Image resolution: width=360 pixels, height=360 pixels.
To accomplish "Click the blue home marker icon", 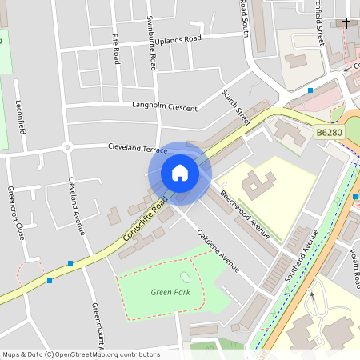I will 179,173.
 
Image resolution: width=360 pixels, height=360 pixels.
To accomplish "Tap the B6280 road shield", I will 328,132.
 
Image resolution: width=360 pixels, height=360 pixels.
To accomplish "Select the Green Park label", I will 170,292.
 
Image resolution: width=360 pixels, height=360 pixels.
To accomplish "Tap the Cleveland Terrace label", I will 138,148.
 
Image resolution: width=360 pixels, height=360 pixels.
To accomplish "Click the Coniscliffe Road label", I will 146,218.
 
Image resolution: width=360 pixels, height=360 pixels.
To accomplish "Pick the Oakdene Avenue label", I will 217,250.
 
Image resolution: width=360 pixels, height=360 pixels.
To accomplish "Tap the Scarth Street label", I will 236,106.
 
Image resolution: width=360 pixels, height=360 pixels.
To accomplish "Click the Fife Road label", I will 117,49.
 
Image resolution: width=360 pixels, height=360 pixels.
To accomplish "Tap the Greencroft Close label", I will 15,213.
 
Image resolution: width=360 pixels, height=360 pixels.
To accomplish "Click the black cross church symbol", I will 346,22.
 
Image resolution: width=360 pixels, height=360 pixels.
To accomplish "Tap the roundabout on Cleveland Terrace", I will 67,146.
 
